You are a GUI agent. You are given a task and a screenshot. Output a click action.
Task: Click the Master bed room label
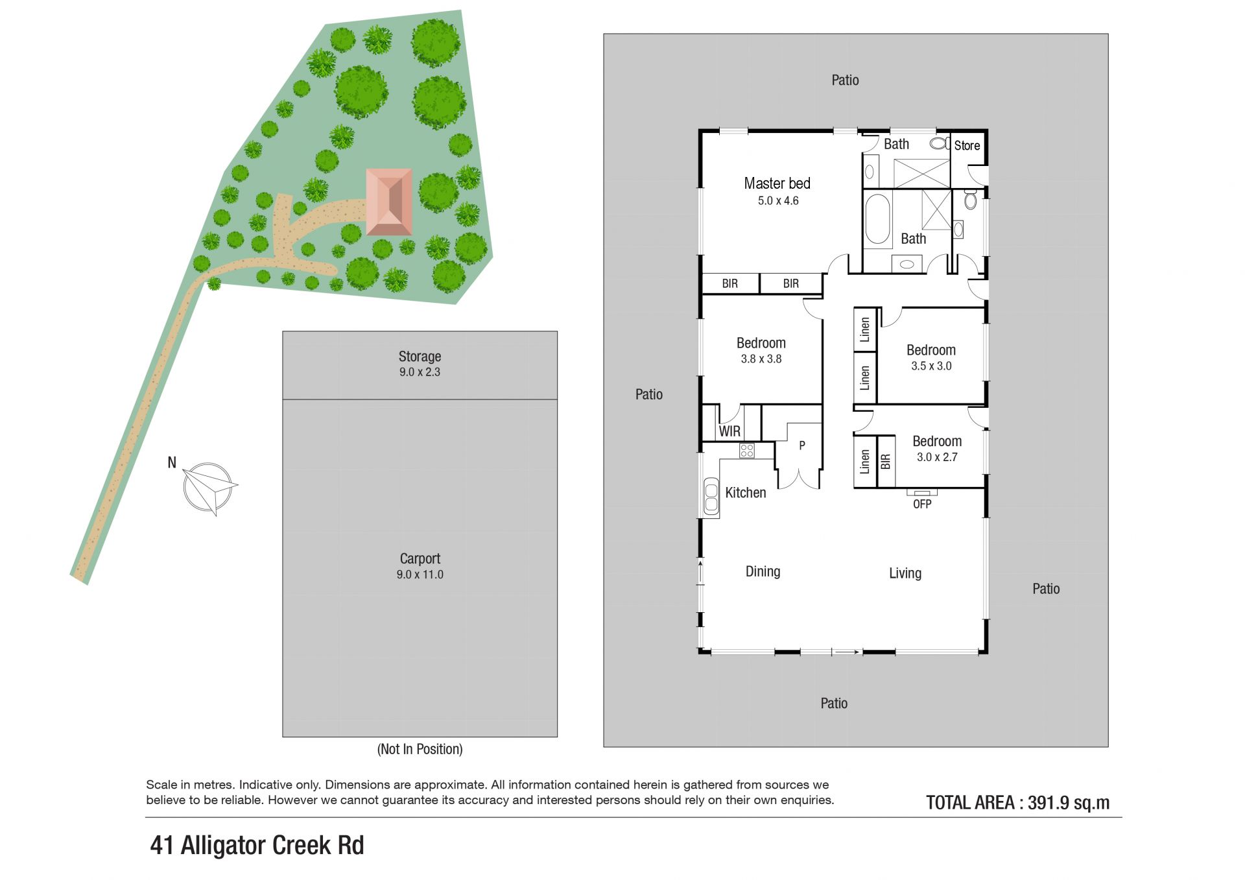pos(777,184)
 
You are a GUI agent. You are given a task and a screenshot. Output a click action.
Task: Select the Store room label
pos(967,145)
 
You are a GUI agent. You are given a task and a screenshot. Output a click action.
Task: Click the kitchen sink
pos(711,497)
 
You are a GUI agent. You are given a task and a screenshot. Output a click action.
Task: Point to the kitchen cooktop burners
pos(747,450)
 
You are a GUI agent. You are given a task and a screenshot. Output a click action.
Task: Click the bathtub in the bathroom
pos(878,219)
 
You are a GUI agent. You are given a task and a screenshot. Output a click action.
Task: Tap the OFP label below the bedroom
pos(922,504)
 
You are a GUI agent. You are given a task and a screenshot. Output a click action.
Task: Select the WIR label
pos(729,431)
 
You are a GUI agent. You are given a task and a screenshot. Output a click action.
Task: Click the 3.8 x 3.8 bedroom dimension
pos(761,359)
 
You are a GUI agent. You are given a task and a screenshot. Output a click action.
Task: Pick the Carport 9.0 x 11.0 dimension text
pos(420,574)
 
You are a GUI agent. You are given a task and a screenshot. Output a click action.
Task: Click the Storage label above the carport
pos(420,356)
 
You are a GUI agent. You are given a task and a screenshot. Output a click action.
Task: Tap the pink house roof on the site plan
pos(389,202)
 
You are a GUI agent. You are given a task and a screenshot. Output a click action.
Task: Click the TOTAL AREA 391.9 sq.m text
pos(1017,803)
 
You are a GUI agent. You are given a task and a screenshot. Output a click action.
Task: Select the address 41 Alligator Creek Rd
pos(257,845)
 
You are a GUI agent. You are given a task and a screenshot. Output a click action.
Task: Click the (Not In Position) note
pos(420,749)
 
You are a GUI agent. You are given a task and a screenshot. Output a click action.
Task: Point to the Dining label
pos(763,571)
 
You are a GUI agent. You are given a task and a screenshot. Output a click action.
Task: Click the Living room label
pos(905,573)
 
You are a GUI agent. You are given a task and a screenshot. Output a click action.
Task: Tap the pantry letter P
pos(802,446)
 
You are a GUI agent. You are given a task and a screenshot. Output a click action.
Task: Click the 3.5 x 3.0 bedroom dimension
pos(931,366)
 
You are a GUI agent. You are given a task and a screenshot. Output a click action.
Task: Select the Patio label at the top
pos(845,80)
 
